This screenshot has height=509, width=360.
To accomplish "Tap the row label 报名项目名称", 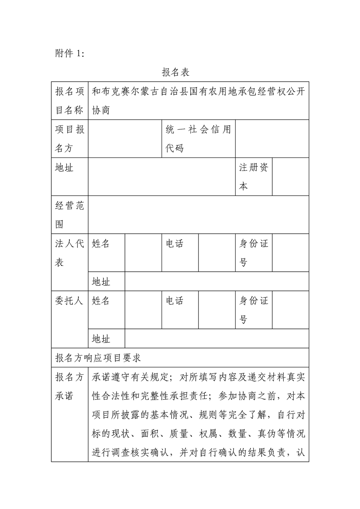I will [x=69, y=100].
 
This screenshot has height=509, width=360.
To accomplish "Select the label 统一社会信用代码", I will [x=198, y=139].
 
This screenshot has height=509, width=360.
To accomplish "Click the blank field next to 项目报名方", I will [x=125, y=139].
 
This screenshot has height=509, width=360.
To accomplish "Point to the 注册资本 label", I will [x=253, y=177].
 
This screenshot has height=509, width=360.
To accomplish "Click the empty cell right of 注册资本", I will [x=291, y=177].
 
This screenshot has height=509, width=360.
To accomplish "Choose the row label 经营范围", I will [x=69, y=215].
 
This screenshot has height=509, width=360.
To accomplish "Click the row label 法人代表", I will [x=69, y=253].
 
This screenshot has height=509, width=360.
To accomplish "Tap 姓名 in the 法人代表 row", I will [x=101, y=244].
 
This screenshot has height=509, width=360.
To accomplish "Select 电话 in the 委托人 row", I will [x=175, y=301].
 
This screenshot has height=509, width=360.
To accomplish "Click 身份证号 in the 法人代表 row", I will [x=253, y=253].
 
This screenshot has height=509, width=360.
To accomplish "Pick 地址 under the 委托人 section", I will [x=101, y=339].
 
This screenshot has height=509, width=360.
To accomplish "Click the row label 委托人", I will [x=69, y=301].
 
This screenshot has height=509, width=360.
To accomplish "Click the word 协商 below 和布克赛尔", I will [x=101, y=110].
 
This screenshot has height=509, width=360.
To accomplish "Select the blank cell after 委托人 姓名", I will [x=143, y=310].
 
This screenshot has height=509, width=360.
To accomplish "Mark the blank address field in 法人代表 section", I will [x=217, y=282].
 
